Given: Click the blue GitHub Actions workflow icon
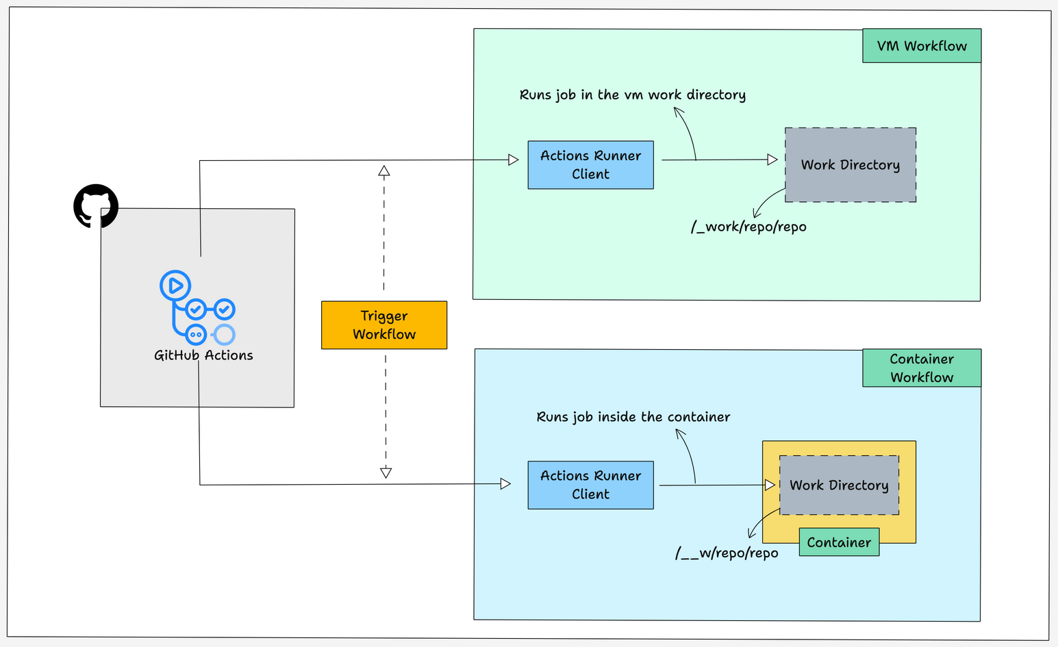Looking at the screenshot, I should (x=197, y=307).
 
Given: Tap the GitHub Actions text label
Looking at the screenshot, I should (x=203, y=355).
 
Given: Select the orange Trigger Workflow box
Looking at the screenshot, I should (x=384, y=325).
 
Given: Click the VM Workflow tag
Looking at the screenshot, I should (x=922, y=46).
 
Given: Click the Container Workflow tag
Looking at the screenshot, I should (x=922, y=368).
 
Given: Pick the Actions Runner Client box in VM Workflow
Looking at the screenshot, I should (x=590, y=165).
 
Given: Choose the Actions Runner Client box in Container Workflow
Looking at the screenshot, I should (x=590, y=485).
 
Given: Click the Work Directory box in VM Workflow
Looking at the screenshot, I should (x=851, y=165).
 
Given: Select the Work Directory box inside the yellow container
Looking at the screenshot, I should (x=839, y=485).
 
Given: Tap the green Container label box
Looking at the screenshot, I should (x=839, y=542).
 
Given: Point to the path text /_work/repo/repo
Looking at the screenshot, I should (x=748, y=227).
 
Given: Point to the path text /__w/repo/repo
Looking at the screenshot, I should (x=727, y=553).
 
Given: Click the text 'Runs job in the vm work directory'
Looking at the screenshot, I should (x=632, y=95).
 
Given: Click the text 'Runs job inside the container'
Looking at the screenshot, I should (x=633, y=417).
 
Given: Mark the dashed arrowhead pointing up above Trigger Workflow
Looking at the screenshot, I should (x=384, y=171).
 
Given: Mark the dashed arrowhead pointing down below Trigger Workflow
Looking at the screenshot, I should (x=386, y=472).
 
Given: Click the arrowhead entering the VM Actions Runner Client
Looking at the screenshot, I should (x=514, y=160).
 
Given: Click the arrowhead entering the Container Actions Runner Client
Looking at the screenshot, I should (x=506, y=484).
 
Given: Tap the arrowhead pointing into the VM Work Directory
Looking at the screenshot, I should (x=772, y=160).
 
